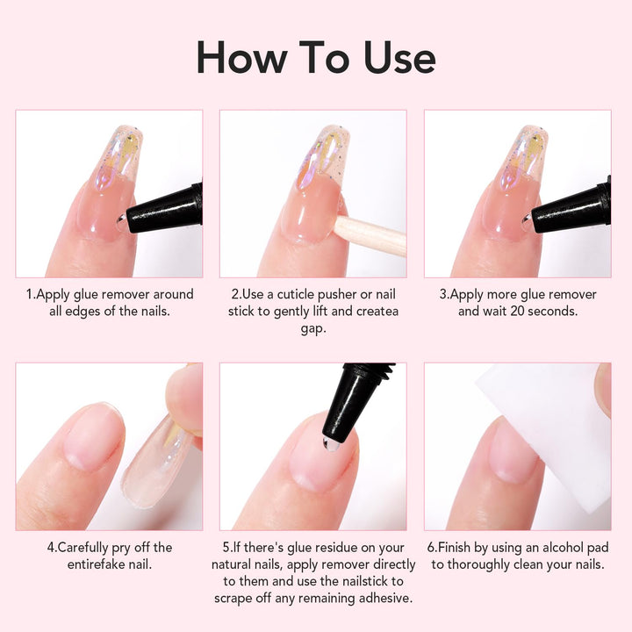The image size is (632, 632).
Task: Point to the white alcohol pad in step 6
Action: [x=544, y=421]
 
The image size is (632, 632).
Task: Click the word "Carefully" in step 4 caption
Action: [x=93, y=547]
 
